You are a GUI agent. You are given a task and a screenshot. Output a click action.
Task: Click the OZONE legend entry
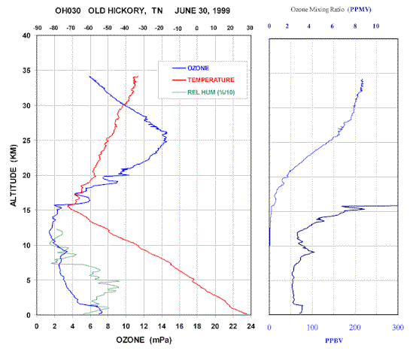click(x=198, y=68)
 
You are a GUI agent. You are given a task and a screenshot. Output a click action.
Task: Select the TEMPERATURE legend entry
click(x=211, y=80)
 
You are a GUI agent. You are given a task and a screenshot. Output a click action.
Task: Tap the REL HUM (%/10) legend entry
click(x=211, y=92)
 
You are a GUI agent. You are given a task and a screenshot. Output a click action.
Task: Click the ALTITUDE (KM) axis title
click(x=14, y=175)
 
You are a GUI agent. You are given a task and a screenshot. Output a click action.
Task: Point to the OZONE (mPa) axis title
click(x=144, y=340)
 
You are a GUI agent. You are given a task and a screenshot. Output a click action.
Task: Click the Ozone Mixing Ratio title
click(x=317, y=10)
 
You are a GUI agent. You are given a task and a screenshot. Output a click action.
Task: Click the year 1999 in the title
click(x=220, y=11)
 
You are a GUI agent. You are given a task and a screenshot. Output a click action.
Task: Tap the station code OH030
click(x=68, y=11)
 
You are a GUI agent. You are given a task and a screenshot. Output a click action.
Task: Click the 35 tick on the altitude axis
click(x=26, y=71)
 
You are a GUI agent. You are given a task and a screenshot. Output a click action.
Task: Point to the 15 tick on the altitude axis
click(x=26, y=210)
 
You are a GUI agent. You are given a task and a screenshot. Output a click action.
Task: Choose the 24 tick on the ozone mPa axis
click(x=251, y=326)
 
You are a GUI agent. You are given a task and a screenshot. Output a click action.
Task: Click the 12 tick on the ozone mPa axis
click(x=144, y=326)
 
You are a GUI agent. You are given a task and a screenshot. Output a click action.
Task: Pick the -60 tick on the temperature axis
click(x=88, y=28)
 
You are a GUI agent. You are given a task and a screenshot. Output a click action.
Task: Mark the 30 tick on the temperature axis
click(x=250, y=28)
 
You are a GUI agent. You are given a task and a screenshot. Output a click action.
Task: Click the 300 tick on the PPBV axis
click(x=398, y=328)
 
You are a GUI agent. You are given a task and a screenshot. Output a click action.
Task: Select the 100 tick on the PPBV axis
click(x=312, y=328)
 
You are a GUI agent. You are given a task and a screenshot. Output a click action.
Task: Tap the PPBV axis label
click(x=334, y=340)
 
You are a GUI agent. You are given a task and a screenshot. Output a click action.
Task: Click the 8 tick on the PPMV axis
click(x=355, y=26)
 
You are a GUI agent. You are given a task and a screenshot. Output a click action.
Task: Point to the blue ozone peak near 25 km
click(x=166, y=132)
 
